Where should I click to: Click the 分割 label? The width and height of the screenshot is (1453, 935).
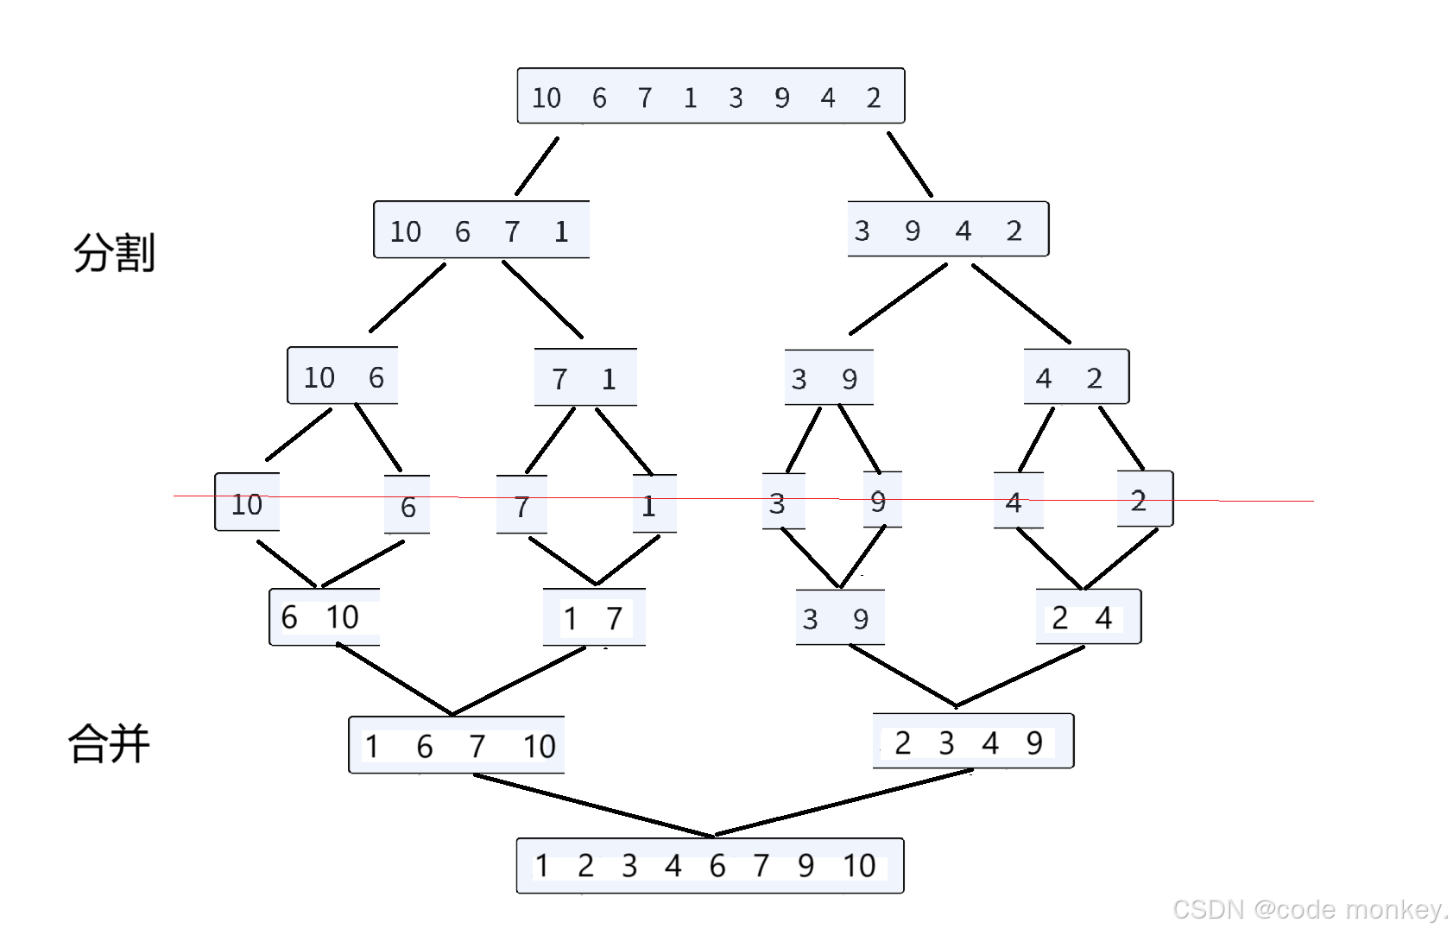point(114,253)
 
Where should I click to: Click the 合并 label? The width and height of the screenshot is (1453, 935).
point(110,743)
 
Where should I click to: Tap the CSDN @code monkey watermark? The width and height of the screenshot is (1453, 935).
point(1310,909)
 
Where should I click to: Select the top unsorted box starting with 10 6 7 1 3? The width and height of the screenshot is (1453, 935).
point(711,96)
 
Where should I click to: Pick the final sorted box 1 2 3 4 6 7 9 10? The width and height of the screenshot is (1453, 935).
point(710,865)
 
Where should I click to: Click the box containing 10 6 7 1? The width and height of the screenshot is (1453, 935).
point(481,230)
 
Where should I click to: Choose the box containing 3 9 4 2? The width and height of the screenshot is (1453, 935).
point(948,230)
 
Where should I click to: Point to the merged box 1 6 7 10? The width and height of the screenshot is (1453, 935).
point(457,744)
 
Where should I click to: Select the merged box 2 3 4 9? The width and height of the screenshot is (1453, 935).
point(973,742)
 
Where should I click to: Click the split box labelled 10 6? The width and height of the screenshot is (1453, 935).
point(343,376)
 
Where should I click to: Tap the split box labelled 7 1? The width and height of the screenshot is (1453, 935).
point(585,377)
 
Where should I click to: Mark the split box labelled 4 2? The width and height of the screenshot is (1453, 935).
point(1076,376)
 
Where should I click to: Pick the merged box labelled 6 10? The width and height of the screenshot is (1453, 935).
point(325,616)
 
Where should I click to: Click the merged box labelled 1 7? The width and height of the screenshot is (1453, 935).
point(594,617)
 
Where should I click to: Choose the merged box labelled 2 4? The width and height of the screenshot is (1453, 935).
point(1088,616)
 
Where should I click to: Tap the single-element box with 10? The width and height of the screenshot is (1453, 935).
point(247,502)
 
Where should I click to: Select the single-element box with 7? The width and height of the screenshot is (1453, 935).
point(521,505)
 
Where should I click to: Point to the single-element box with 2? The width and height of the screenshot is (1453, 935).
point(1145,499)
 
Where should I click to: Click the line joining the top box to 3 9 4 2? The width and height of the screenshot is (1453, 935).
point(910,164)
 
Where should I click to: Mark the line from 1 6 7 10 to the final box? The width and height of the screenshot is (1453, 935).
point(594,805)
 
